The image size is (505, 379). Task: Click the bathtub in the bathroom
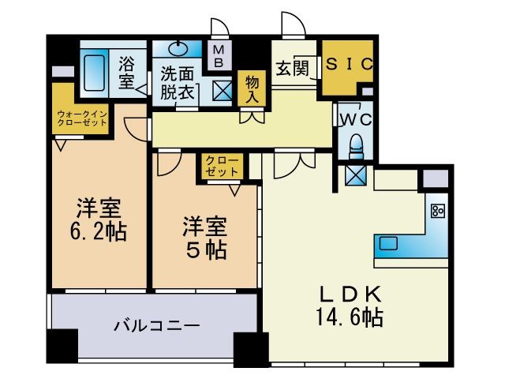[95, 72]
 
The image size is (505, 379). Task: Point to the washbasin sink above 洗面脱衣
[178, 47]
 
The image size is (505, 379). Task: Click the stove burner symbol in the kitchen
[437, 212]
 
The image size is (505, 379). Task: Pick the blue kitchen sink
[387, 243]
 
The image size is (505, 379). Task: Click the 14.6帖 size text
[352, 318]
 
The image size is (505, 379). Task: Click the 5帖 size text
[207, 250]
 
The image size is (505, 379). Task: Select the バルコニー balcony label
[155, 325]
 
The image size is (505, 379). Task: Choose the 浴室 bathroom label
[126, 72]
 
